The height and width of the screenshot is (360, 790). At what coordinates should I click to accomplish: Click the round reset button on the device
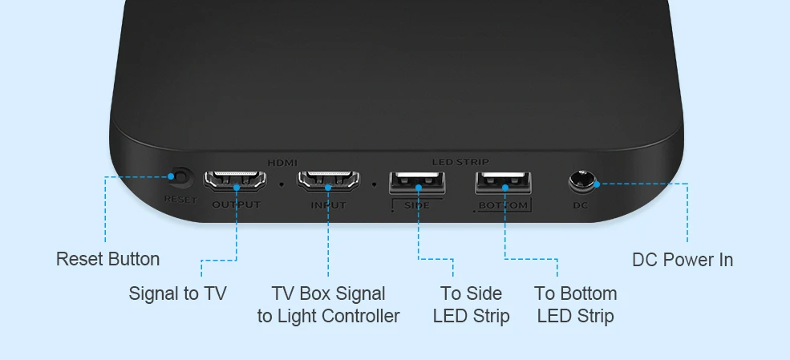[180, 177]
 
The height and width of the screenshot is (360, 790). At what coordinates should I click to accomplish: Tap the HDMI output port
[236, 180]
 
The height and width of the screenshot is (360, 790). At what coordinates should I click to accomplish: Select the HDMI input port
[328, 180]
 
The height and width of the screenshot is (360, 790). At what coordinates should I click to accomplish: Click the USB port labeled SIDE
[418, 184]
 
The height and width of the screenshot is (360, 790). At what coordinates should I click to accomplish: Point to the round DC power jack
[582, 183]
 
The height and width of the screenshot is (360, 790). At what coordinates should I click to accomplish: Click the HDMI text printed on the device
[282, 163]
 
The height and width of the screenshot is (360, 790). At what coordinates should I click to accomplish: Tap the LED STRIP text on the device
[460, 163]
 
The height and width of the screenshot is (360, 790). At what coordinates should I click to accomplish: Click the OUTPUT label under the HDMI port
[236, 205]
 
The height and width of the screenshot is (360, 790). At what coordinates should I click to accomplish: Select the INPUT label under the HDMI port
[328, 205]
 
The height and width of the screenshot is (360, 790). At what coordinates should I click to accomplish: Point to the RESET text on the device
[180, 200]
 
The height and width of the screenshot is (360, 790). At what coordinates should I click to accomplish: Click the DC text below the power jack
[581, 205]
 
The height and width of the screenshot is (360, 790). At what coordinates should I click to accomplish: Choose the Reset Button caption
[107, 259]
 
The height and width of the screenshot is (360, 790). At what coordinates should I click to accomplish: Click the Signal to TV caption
[177, 293]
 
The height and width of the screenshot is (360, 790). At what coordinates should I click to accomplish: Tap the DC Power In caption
[682, 259]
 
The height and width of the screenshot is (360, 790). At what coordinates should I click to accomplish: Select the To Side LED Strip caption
[471, 305]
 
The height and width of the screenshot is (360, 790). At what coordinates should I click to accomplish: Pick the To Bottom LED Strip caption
[575, 305]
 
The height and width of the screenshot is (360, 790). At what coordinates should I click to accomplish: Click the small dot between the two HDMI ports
[282, 184]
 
